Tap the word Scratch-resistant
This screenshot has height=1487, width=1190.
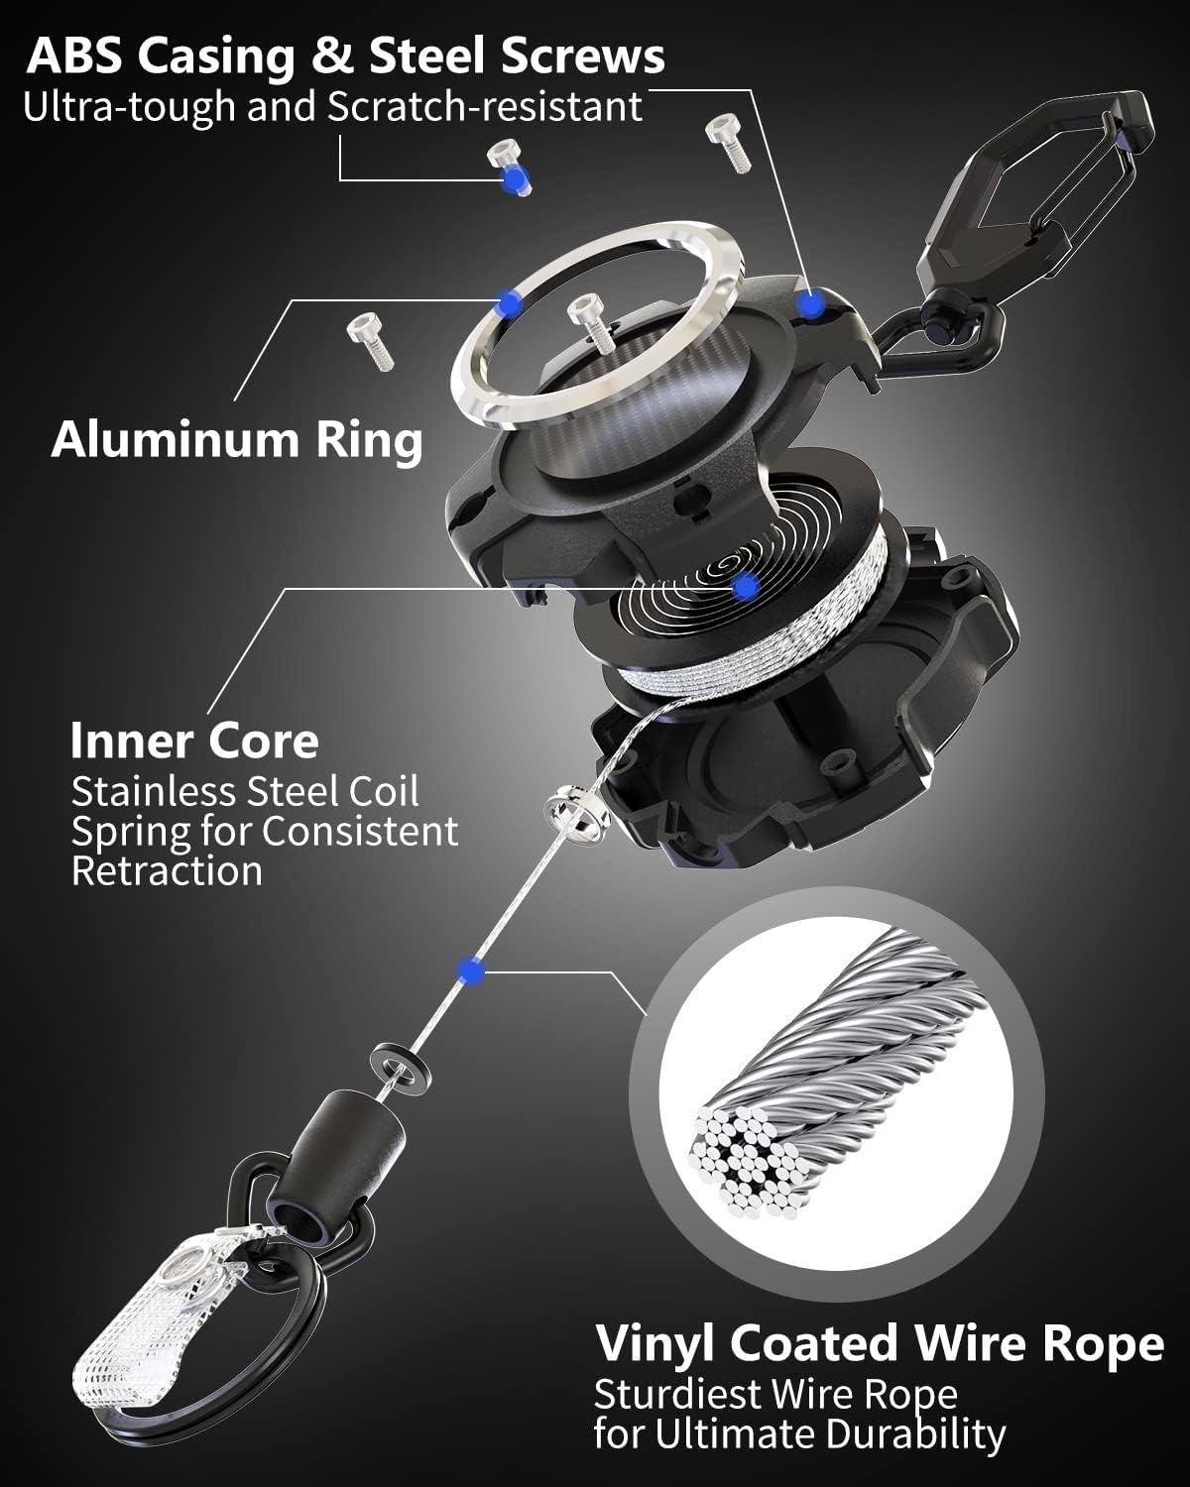click(485, 107)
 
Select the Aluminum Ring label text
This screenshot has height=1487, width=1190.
click(237, 439)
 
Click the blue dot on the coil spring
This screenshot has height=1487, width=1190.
click(747, 587)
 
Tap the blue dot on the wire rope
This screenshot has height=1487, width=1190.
click(472, 972)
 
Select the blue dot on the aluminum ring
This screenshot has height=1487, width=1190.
click(509, 304)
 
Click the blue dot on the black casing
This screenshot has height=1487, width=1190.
click(812, 303)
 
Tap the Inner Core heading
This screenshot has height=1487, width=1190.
click(194, 741)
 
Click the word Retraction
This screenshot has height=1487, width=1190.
click(167, 871)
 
